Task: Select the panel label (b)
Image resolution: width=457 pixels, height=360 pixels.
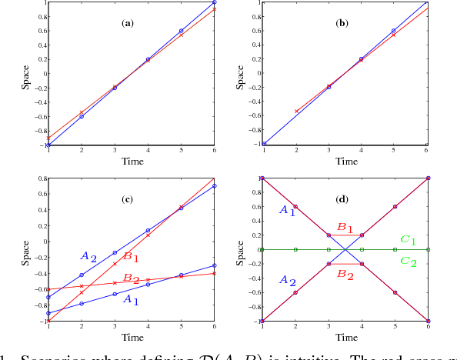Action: pos(343,23)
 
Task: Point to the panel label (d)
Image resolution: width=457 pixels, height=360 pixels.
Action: pos(343,199)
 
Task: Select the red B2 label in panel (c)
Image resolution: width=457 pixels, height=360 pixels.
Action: pos(132,279)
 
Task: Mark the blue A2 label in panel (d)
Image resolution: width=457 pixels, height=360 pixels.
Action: pos(287,280)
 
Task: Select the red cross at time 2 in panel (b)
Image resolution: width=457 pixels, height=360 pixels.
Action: pos(295,112)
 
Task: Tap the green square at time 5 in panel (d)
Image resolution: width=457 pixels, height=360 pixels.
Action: pos(395,249)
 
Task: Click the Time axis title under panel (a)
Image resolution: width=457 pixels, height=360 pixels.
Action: pos(130,162)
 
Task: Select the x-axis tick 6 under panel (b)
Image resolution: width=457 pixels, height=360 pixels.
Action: pos(428,151)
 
